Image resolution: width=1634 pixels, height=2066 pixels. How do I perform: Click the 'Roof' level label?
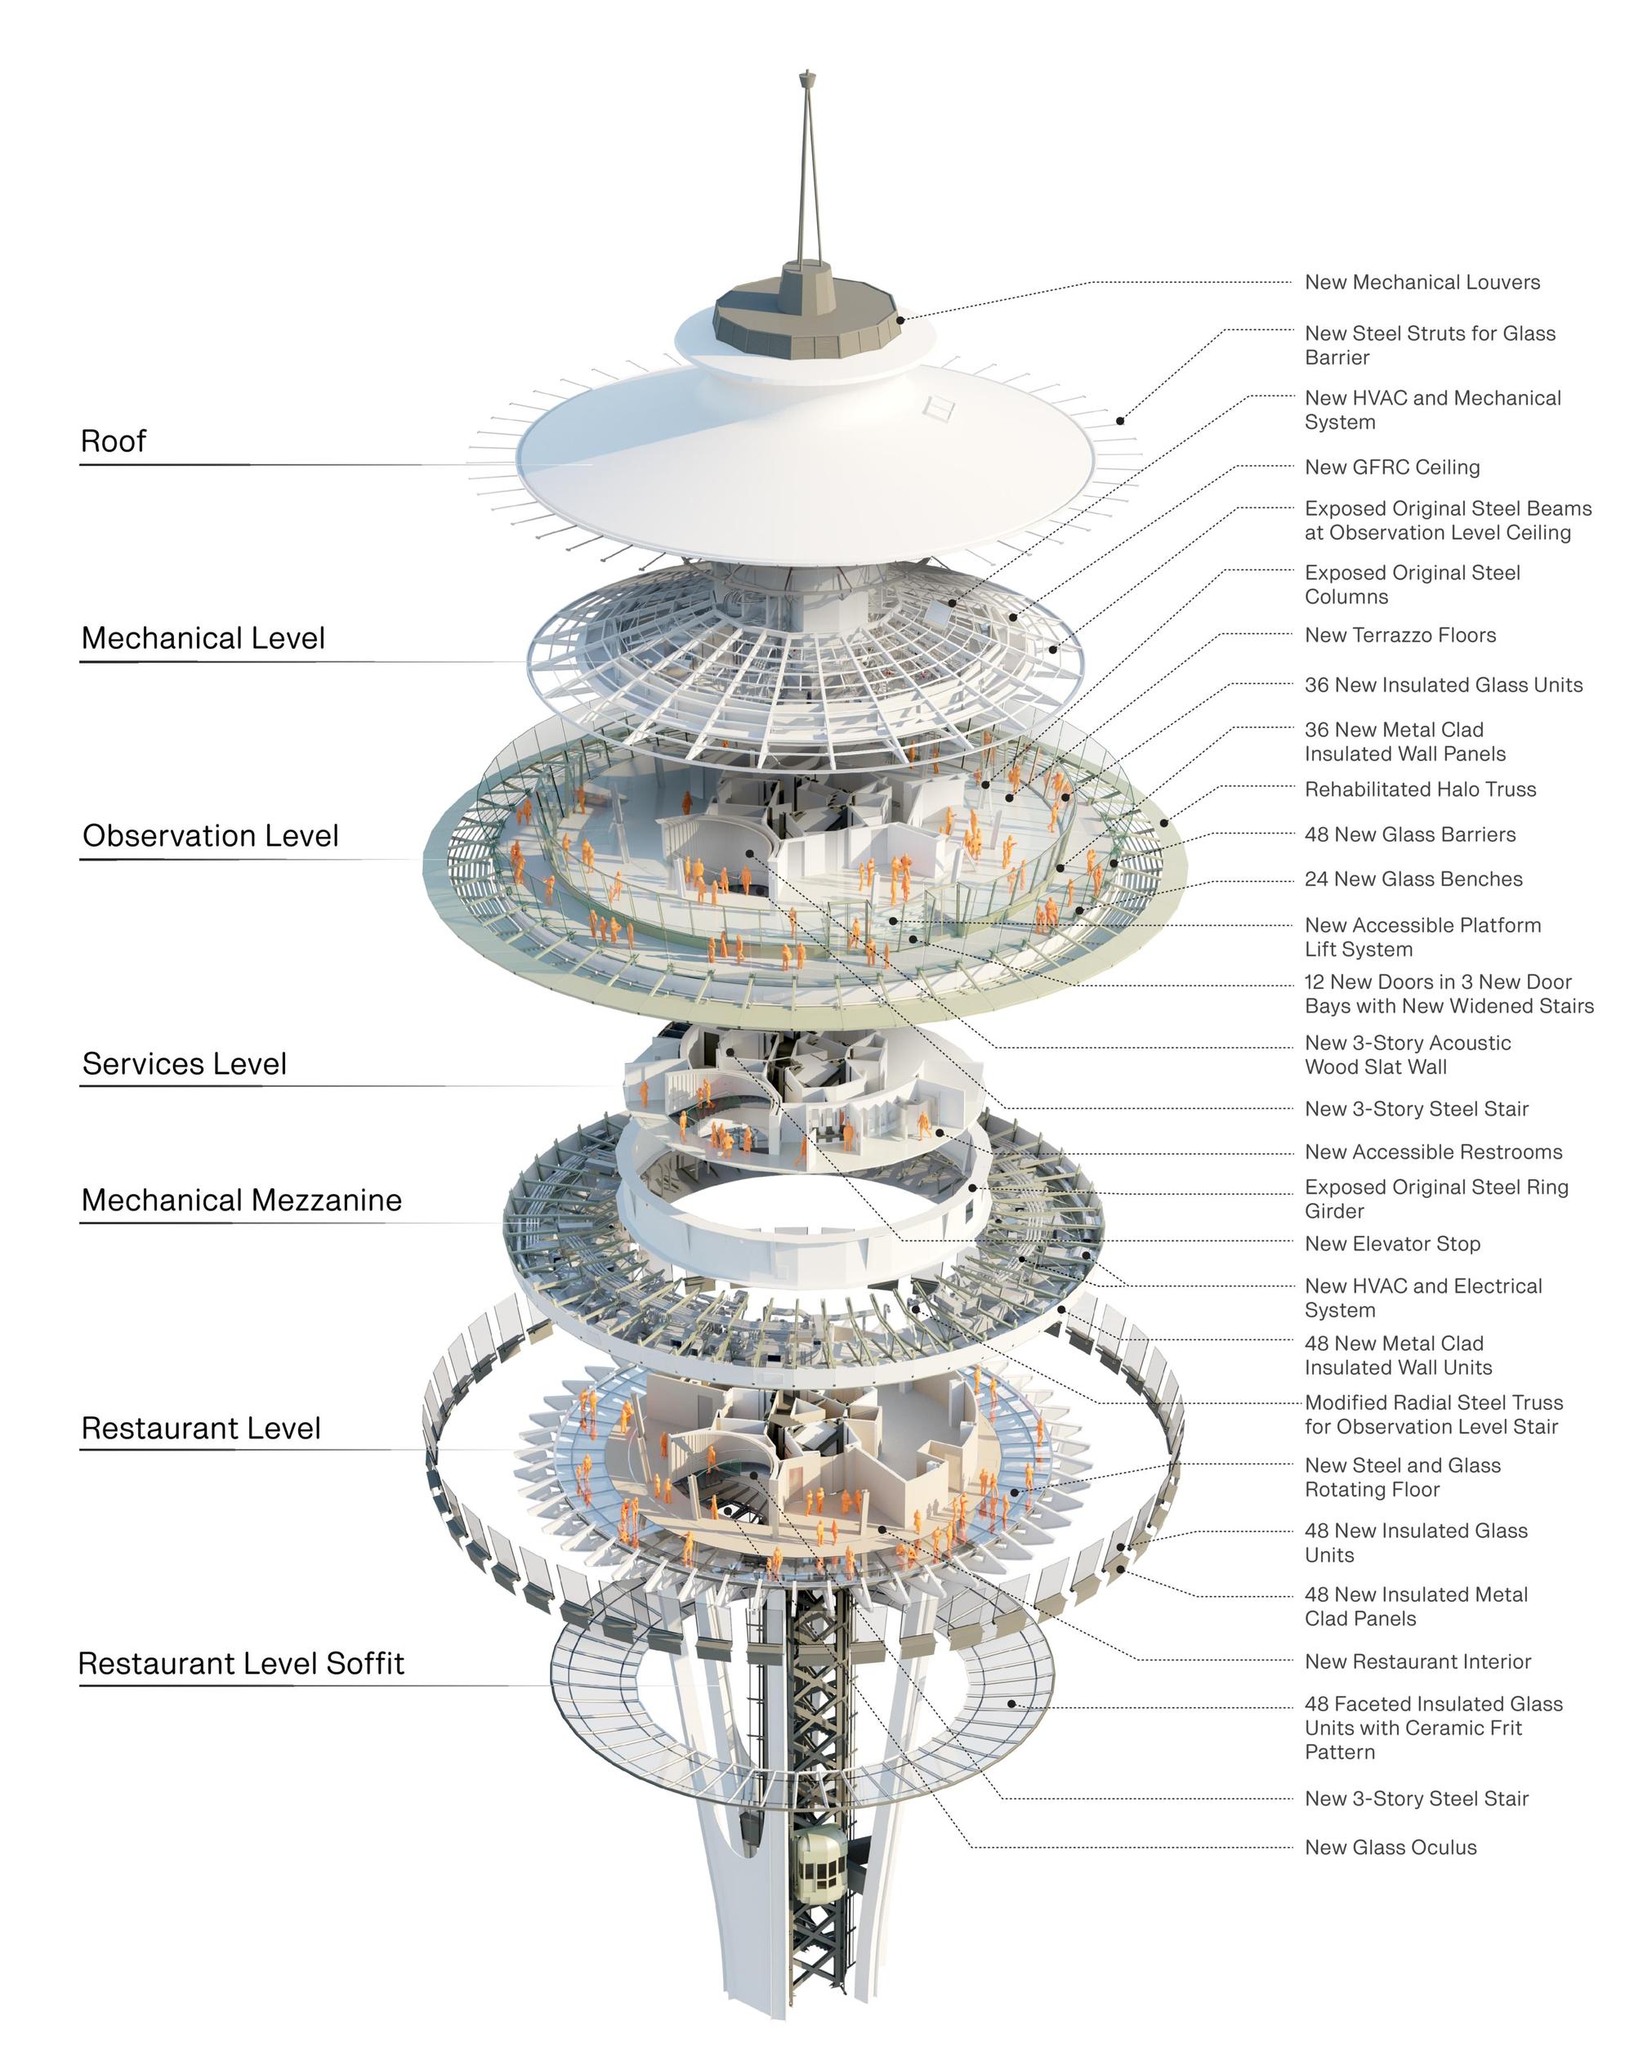point(113,441)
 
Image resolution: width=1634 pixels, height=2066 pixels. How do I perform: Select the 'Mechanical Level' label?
point(203,638)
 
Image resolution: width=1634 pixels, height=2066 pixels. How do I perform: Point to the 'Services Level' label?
point(184,1063)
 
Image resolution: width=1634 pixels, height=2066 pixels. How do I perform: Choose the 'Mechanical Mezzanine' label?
point(241,1200)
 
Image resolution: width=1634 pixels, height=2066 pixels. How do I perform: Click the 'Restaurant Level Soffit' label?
point(241,1663)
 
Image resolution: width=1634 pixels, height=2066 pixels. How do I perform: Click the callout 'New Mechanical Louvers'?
point(1422,282)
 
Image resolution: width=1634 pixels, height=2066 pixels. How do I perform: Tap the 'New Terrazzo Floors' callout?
point(1400,635)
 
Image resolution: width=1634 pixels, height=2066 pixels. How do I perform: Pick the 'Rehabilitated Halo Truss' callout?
point(1421,789)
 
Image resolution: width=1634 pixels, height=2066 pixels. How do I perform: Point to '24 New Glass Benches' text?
point(1414,879)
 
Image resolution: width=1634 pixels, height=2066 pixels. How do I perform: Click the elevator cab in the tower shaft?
point(820,1863)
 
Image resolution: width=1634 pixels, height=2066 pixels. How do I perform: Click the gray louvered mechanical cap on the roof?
point(807,315)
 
